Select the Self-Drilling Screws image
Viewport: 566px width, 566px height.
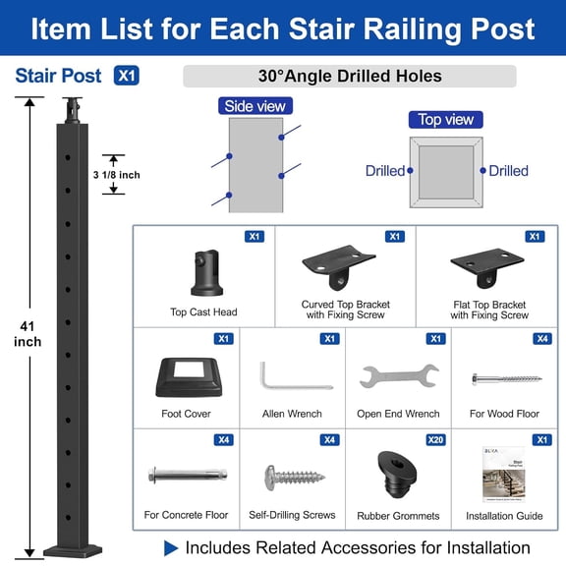(293, 478)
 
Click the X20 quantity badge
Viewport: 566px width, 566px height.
(435, 440)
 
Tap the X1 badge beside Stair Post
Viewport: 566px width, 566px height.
(126, 76)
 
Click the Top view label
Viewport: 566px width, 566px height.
(446, 120)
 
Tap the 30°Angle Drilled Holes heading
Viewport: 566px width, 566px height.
(350, 76)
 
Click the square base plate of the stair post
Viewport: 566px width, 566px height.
(73, 545)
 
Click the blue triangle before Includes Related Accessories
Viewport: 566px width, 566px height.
(171, 547)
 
